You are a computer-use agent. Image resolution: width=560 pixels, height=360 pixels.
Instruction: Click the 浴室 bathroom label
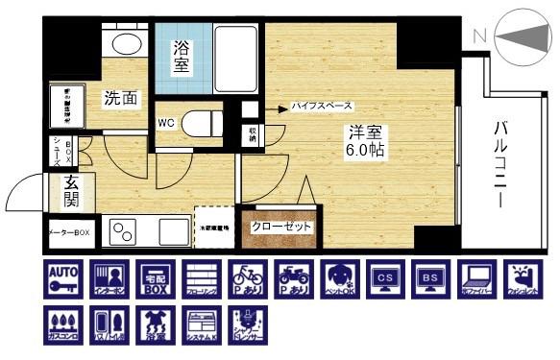181,57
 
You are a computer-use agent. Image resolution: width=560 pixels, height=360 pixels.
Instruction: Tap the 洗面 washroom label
121,97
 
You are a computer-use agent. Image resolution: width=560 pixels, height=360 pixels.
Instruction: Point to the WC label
166,122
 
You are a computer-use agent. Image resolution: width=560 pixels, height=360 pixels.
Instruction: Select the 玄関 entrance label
71,190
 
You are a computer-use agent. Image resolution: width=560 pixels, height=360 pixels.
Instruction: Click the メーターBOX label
69,232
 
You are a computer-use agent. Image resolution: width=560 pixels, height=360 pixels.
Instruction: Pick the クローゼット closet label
281,227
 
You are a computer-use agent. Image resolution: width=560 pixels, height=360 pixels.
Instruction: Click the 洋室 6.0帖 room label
366,142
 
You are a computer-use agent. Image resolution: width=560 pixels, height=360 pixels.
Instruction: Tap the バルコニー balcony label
501,164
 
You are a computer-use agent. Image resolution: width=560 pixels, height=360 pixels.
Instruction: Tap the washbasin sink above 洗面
127,42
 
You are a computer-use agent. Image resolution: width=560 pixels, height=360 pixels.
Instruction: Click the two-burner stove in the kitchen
124,230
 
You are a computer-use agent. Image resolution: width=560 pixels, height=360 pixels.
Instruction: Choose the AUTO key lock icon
63,278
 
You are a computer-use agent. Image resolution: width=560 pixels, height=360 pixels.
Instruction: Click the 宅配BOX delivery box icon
155,278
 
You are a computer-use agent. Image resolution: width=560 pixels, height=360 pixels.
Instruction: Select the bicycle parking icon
247,278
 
